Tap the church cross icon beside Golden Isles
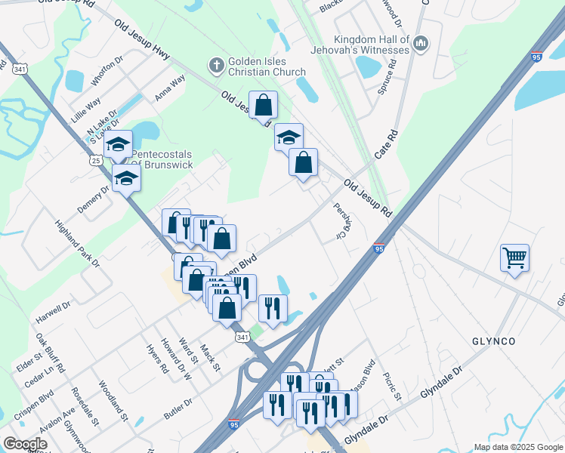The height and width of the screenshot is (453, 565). (216, 65)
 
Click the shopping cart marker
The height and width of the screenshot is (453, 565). (514, 258)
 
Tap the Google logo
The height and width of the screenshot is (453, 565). (25, 444)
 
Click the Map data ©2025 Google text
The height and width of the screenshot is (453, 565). (517, 447)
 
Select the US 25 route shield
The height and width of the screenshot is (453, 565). (95, 160)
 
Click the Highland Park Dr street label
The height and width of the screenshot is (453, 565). (76, 244)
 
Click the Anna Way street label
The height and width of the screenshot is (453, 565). (170, 87)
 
